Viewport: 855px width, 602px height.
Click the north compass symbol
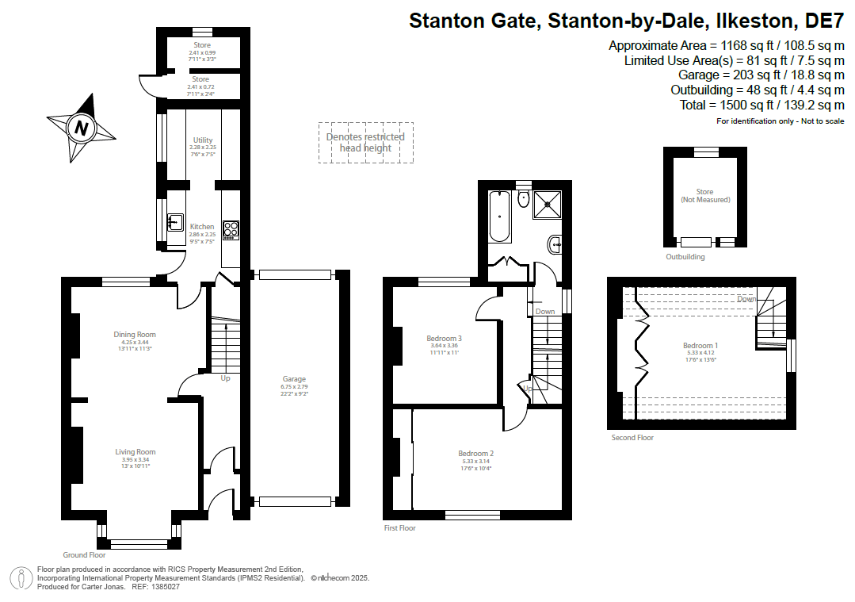coord(81,127)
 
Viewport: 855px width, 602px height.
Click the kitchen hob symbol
coord(231,229)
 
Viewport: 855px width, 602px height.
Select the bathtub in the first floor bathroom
coord(499,216)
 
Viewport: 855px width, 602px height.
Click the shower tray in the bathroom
coord(547,203)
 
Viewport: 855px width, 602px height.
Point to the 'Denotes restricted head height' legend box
coord(366,143)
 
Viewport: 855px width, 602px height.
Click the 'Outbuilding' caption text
coord(685,257)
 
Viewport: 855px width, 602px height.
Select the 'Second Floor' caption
coord(632,437)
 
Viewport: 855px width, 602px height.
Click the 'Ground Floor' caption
coord(85,555)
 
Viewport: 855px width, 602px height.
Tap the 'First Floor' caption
coord(399,527)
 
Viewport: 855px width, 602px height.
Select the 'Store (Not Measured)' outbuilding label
coord(704,196)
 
